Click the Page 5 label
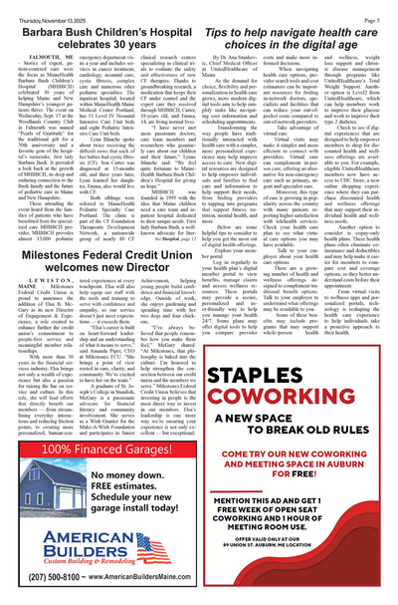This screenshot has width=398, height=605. coord(380,8)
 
